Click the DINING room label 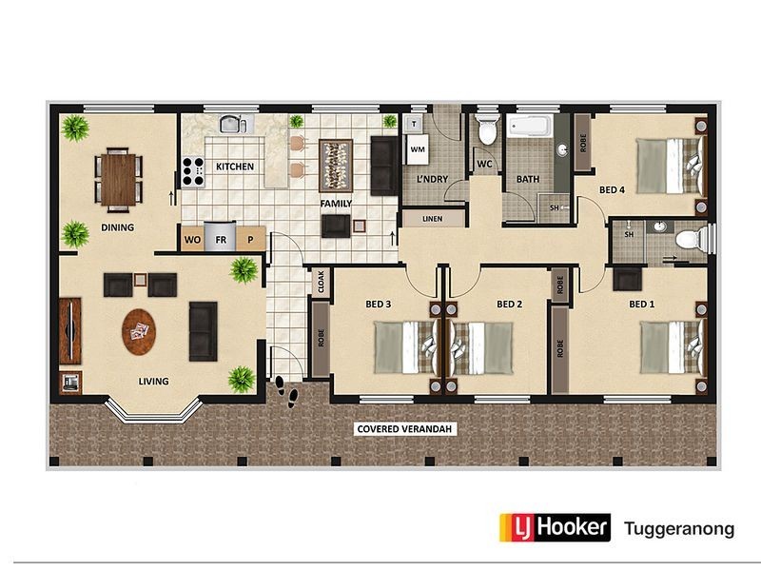[118, 227]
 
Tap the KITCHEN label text [235, 167]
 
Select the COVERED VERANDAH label [406, 429]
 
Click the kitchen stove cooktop [193, 171]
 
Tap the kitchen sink [233, 124]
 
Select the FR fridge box [221, 239]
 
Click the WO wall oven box [191, 239]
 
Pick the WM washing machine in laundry [417, 149]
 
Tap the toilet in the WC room [487, 130]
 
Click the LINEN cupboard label [432, 219]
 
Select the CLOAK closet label [321, 282]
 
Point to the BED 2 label [510, 305]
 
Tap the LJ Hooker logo [555, 526]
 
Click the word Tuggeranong [678, 527]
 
